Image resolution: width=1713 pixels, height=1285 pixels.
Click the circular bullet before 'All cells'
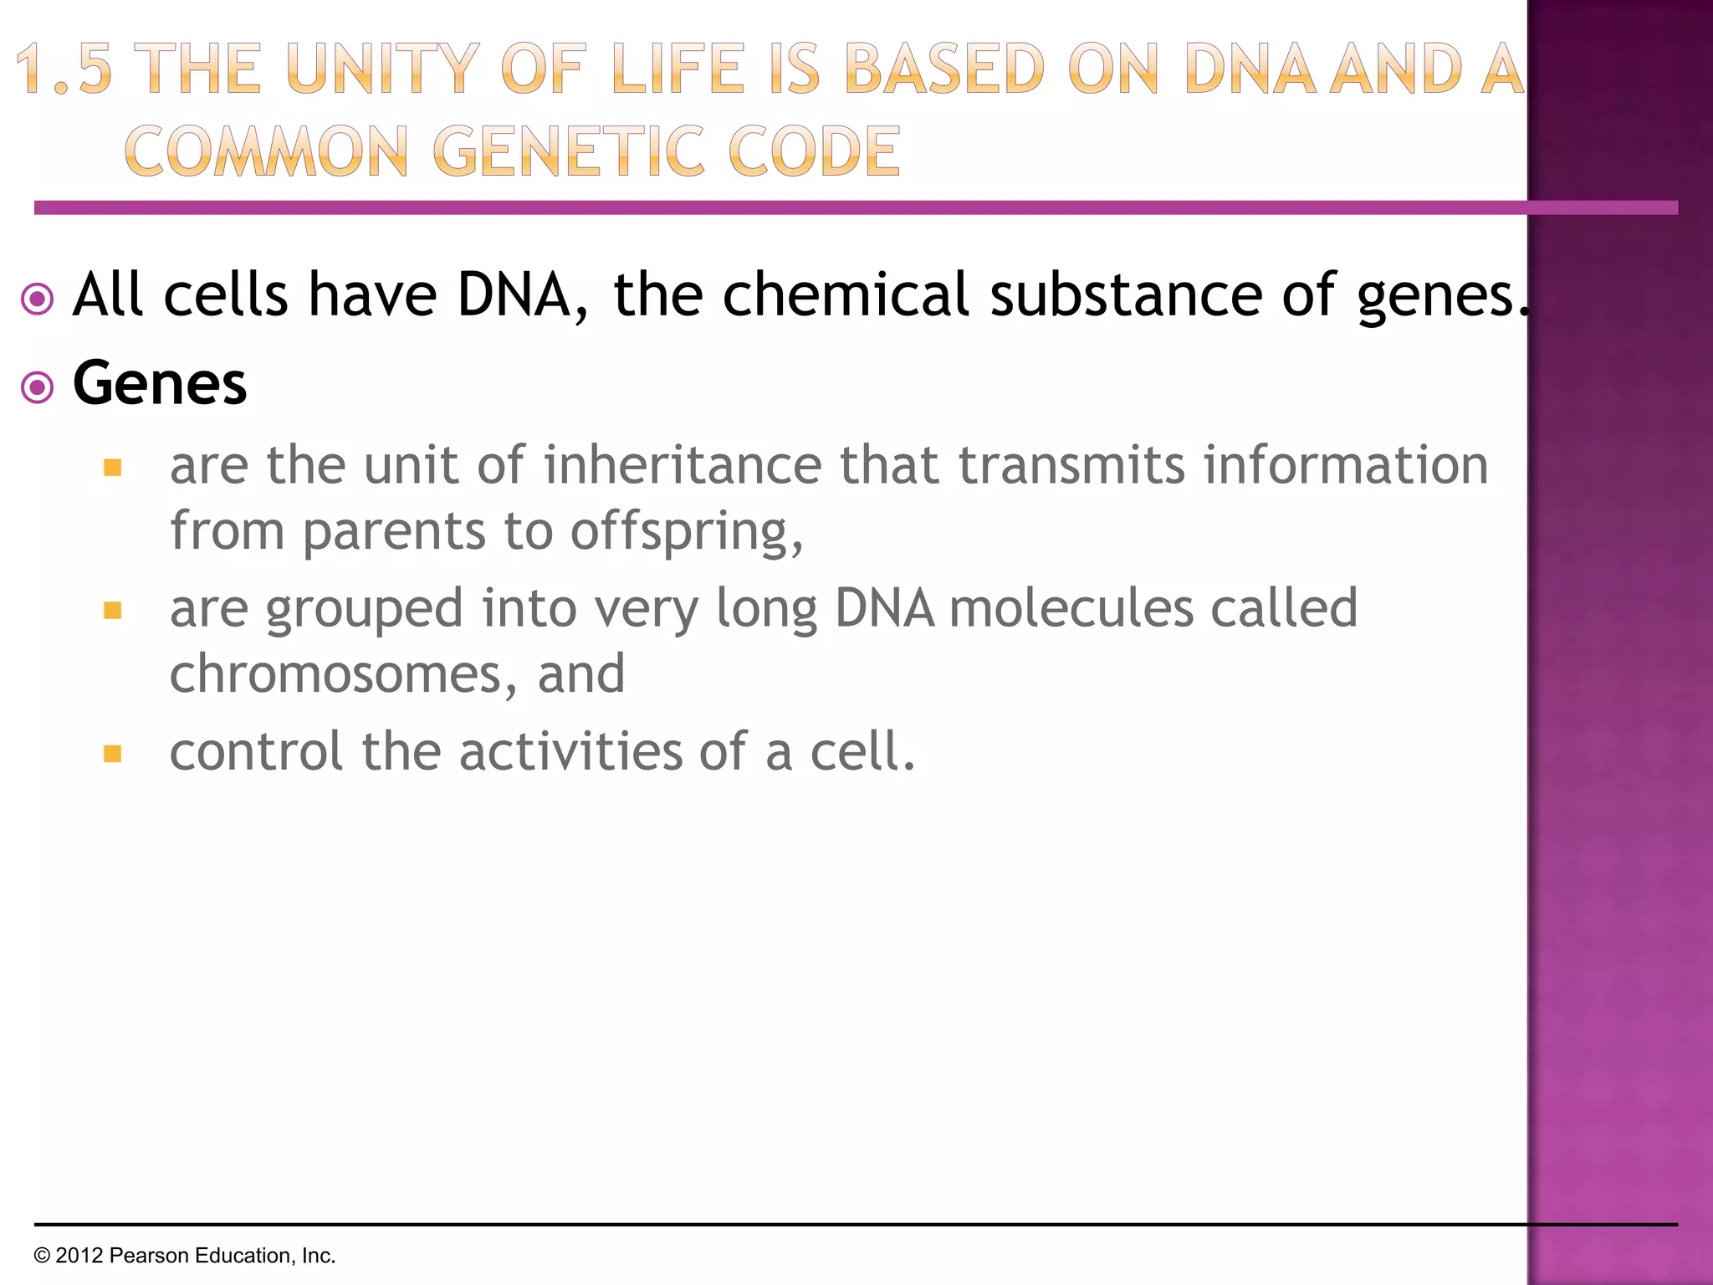(38, 299)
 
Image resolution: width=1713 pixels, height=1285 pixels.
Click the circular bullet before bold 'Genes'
(38, 387)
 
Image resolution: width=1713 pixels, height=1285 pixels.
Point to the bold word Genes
(160, 383)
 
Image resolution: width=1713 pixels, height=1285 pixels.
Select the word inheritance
(683, 465)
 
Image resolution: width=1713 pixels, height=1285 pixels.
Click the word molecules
(1071, 608)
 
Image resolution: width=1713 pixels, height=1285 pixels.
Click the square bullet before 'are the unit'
(113, 467)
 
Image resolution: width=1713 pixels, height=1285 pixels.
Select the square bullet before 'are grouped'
(113, 611)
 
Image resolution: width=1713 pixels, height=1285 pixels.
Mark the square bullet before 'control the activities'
(113, 754)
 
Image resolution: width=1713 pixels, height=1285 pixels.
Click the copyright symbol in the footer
(42, 1256)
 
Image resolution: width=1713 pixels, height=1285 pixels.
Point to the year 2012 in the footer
(79, 1256)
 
